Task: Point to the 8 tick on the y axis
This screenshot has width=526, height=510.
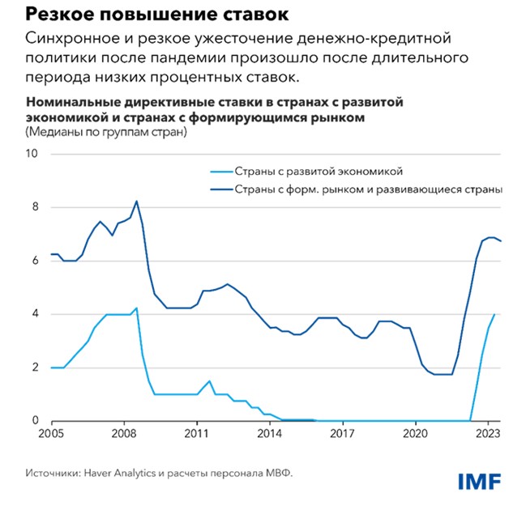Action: click(x=34, y=207)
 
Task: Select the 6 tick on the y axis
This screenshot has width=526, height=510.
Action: click(x=34, y=261)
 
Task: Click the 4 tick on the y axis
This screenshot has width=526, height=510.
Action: click(x=34, y=314)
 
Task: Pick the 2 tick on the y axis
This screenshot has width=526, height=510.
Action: click(x=34, y=368)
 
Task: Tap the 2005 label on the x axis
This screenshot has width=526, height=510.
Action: click(x=53, y=433)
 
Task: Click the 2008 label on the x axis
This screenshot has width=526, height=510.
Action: click(x=125, y=433)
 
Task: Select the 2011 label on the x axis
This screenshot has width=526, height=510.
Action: click(x=197, y=433)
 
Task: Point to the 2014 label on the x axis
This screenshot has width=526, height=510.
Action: click(x=270, y=433)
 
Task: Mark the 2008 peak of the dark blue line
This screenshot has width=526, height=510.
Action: click(x=136, y=201)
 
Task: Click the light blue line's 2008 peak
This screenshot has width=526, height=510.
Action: click(x=136, y=308)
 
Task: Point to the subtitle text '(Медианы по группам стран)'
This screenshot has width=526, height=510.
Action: click(x=106, y=134)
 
